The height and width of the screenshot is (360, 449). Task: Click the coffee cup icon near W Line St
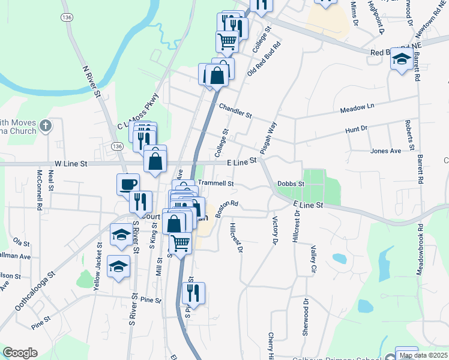[127, 184]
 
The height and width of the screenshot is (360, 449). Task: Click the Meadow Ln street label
[357, 107]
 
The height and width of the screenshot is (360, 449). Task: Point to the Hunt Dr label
[356, 128]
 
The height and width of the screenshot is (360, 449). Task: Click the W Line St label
[71, 163]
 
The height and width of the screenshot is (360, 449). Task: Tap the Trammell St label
[215, 183]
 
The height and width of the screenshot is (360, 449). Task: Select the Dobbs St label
[291, 184]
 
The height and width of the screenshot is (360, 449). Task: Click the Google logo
[20, 353]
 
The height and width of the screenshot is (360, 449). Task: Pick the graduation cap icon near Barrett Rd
[401, 59]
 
